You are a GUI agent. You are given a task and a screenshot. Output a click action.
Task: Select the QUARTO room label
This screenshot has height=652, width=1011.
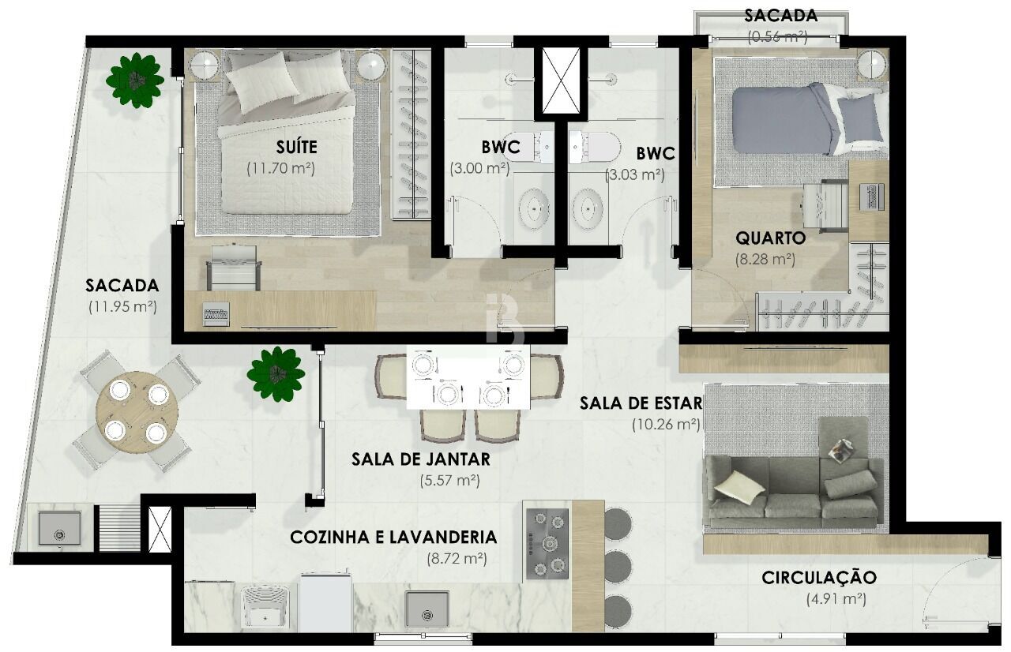770,238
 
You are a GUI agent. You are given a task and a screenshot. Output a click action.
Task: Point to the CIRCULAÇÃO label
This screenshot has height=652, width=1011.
819,578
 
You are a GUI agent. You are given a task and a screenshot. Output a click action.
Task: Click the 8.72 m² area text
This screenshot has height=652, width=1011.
455,558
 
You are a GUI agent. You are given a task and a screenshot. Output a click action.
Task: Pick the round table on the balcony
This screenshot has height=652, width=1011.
137,411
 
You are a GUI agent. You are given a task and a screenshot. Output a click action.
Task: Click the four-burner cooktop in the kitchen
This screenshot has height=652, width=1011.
547,544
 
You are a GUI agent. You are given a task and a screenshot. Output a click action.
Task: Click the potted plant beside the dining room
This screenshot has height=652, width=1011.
276,373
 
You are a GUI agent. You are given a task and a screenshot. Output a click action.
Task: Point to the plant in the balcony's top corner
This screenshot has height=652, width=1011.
137,80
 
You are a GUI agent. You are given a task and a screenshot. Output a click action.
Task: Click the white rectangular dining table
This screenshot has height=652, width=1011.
468,378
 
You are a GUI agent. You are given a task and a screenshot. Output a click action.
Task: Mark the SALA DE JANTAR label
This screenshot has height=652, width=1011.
421,459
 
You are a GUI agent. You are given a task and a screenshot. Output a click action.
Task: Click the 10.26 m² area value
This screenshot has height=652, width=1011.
666,424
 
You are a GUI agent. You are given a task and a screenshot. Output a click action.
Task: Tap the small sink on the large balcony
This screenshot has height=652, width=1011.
59,528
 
